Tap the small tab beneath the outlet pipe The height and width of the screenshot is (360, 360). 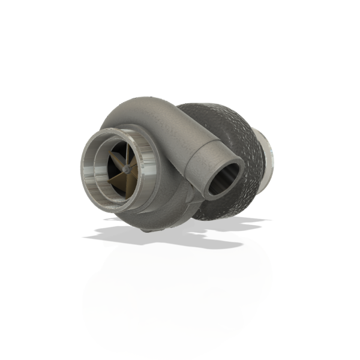(x=195, y=198)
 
